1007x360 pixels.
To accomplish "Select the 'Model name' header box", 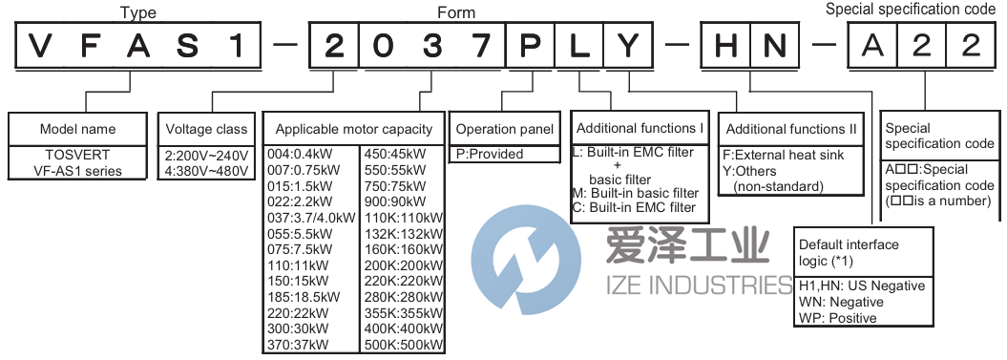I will (78, 129).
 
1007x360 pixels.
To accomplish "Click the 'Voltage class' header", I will (206, 129).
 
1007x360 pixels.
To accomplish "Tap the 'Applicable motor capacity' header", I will (353, 129).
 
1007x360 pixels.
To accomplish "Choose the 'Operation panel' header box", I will (504, 129).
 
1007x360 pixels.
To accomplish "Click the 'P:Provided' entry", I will (492, 154).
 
